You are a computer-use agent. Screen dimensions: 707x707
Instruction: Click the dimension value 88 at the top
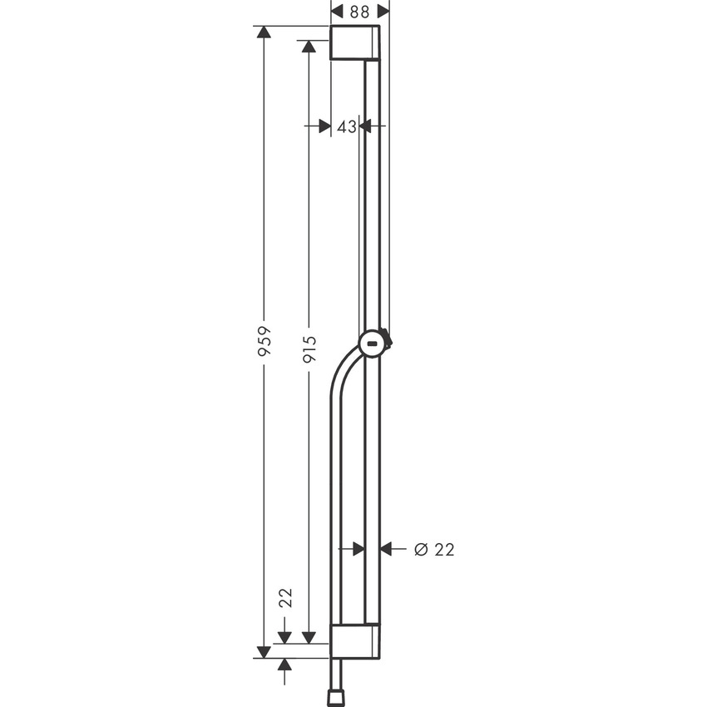pyautogui.click(x=360, y=11)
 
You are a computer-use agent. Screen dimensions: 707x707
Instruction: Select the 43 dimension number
pyautogui.click(x=347, y=126)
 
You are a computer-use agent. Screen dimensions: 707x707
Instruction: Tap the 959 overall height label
pyautogui.click(x=264, y=341)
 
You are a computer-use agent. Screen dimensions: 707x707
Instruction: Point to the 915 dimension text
pyautogui.click(x=309, y=349)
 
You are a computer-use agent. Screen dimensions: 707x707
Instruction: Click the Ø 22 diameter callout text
pyautogui.click(x=434, y=549)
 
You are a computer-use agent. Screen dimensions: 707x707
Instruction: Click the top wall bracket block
pyautogui.click(x=355, y=42)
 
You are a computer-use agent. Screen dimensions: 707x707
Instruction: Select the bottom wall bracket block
pyautogui.click(x=355, y=640)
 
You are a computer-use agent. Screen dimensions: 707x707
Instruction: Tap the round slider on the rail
pyautogui.click(x=373, y=342)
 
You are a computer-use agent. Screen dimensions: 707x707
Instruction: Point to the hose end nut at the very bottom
pyautogui.click(x=337, y=695)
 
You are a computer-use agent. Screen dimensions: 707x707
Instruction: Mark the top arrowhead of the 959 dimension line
pyautogui.click(x=264, y=32)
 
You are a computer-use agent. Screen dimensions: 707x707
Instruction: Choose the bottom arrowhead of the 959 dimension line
pyautogui.click(x=264, y=650)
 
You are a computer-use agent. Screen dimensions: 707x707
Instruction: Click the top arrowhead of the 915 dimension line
pyautogui.click(x=309, y=47)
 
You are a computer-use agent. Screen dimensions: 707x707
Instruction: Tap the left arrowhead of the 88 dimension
pyautogui.click(x=338, y=11)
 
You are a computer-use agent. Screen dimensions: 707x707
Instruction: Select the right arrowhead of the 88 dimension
pyautogui.click(x=383, y=11)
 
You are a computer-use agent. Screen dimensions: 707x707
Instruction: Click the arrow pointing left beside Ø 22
pyautogui.click(x=388, y=549)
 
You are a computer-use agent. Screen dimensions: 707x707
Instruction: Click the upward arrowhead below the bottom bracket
pyautogui.click(x=285, y=664)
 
